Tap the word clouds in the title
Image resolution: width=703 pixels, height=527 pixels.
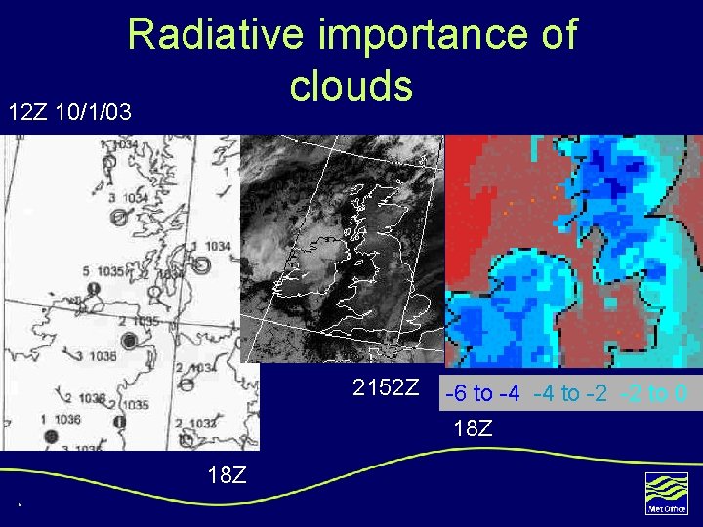(351, 86)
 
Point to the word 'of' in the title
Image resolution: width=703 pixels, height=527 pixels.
(556, 36)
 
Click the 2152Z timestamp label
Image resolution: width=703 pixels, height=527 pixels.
(386, 388)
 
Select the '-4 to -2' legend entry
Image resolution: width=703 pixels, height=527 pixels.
(570, 394)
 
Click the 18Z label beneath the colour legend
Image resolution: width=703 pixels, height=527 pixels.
(473, 427)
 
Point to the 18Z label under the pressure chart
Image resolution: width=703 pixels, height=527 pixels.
(227, 475)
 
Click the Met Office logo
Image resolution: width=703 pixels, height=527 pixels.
(667, 493)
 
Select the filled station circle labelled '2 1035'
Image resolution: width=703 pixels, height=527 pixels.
(128, 340)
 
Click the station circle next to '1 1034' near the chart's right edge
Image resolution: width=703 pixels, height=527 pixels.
(202, 264)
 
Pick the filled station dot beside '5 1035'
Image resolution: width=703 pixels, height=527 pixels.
(95, 290)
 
